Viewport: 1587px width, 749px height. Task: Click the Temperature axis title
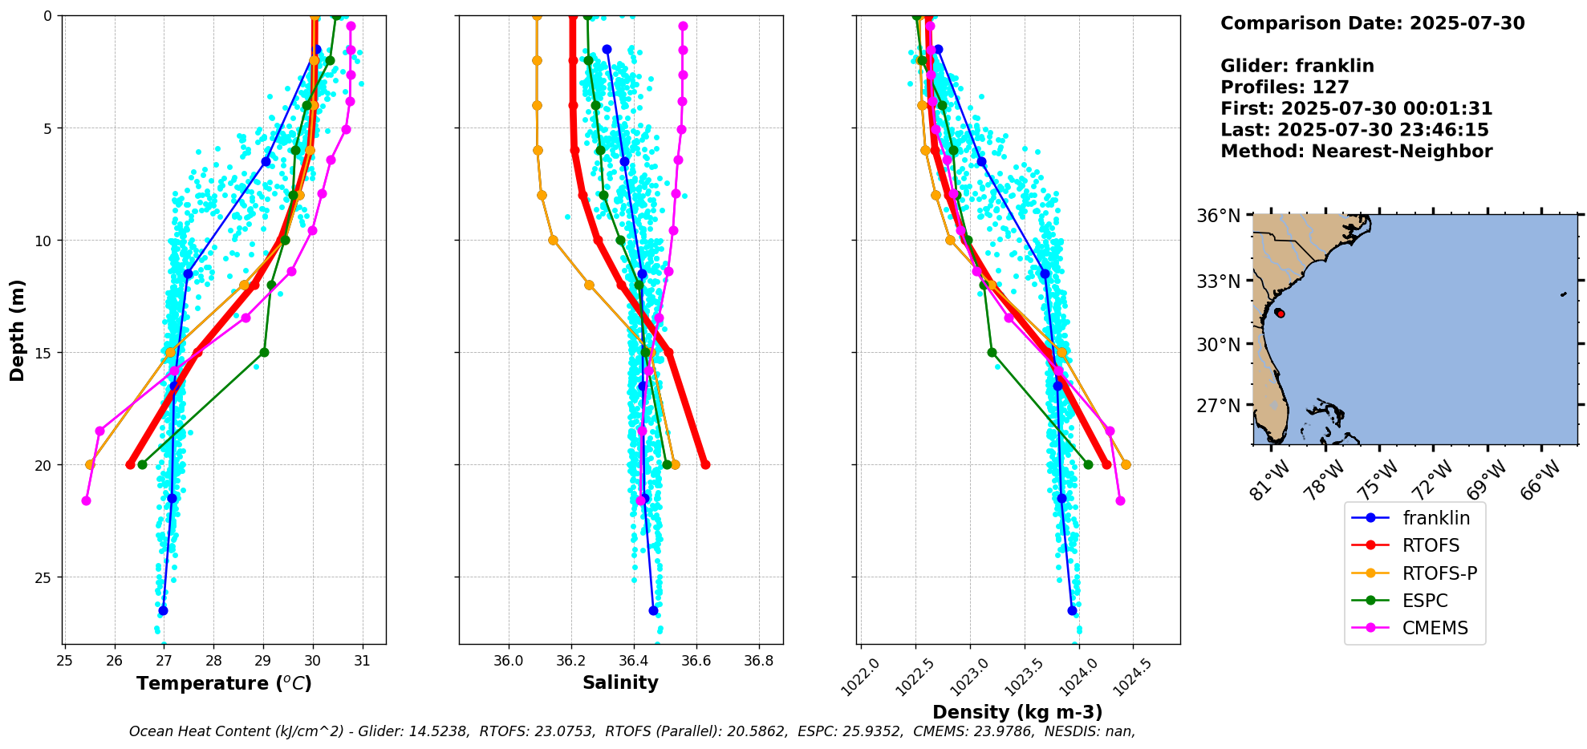224,683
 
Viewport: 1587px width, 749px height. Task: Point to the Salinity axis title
620,683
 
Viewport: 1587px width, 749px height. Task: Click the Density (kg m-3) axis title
1017,712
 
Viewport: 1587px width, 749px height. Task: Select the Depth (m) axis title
18,330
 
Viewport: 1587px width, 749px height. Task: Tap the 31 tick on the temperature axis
363,660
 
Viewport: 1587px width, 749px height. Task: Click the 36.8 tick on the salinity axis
758,660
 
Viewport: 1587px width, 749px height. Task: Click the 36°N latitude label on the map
1218,216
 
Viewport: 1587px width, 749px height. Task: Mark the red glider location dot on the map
1280,314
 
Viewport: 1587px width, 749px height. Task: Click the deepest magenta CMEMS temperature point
86,500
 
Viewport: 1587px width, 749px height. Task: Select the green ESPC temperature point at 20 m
142,464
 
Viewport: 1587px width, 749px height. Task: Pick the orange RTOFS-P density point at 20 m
1126,464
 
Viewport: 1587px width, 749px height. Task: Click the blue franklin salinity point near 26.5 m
653,610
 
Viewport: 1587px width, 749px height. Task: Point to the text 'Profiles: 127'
1285,87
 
